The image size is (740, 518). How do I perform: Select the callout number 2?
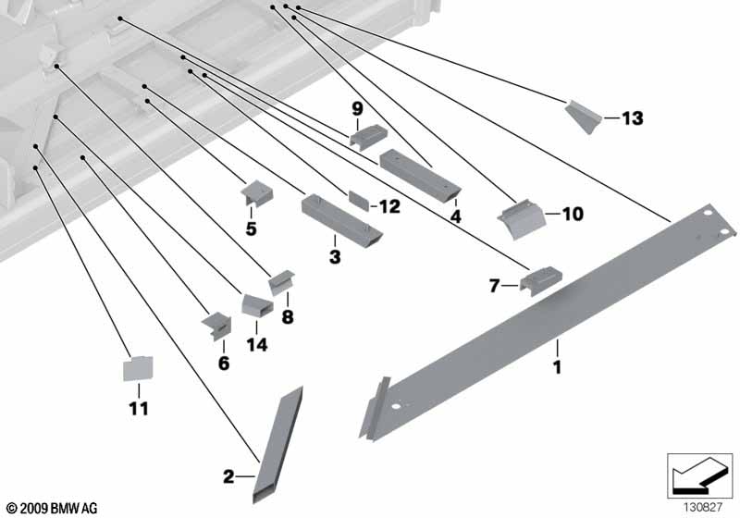tap(228, 477)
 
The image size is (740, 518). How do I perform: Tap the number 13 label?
tap(632, 118)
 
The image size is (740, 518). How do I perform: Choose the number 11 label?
tap(138, 407)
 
